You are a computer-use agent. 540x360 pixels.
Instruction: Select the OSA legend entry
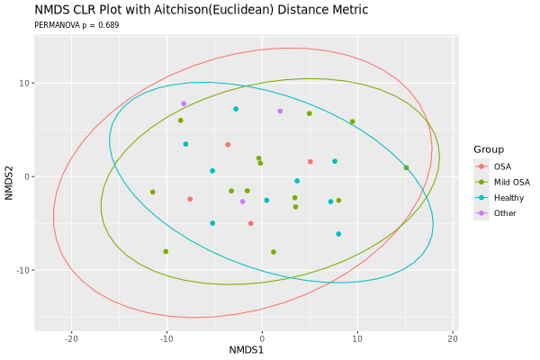[502, 166]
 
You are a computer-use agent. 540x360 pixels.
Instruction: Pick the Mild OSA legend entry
[511, 182]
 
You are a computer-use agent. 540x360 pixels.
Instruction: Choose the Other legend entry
[505, 213]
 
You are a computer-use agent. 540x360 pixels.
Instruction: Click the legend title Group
[489, 149]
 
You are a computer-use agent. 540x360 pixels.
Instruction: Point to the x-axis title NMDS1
[246, 348]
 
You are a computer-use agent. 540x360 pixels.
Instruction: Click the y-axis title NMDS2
[10, 176]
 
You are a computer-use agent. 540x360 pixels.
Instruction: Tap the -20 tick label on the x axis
[70, 337]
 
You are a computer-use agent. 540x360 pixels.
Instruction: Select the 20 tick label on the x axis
[452, 337]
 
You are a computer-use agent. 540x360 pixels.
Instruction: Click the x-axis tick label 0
[262, 337]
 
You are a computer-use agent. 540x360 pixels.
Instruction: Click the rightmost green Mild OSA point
[406, 167]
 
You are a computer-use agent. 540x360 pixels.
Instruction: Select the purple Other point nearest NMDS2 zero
[242, 202]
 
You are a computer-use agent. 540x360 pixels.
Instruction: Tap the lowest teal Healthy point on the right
[338, 234]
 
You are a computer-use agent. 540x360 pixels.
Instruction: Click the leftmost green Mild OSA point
[152, 192]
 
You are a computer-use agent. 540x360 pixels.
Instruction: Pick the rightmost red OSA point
[310, 162]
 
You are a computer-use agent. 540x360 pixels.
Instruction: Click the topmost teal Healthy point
[236, 109]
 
